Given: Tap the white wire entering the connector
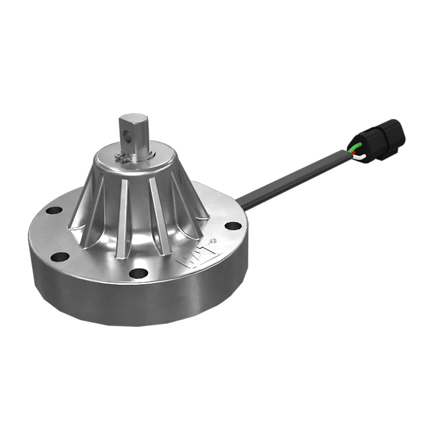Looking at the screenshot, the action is pos(360,157).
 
